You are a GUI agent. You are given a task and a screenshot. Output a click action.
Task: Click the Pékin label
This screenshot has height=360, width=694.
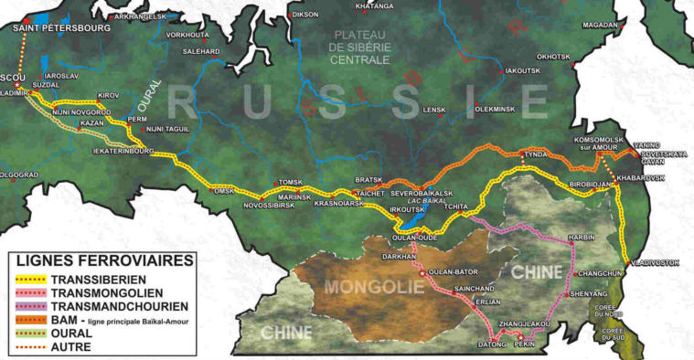click(x=523, y=344)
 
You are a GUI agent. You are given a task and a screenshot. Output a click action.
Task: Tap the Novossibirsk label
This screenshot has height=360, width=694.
click(x=269, y=205)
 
